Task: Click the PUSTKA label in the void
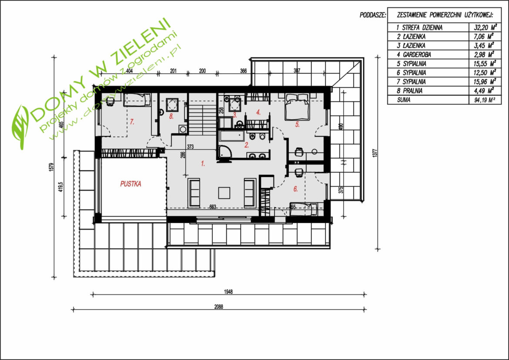point(131,184)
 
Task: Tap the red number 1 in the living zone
point(203,164)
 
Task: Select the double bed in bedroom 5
point(296,107)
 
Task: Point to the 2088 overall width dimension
point(219,306)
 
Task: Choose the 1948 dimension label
point(228,292)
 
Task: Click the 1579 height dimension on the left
point(51,167)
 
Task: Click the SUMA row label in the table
point(403,100)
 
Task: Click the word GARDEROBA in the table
point(417,54)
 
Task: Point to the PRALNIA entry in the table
point(412,91)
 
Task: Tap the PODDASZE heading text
point(373,15)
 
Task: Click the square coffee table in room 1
point(224,192)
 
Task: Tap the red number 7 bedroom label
point(132,122)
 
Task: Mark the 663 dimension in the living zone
point(213,206)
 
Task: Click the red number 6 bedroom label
point(295,189)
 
